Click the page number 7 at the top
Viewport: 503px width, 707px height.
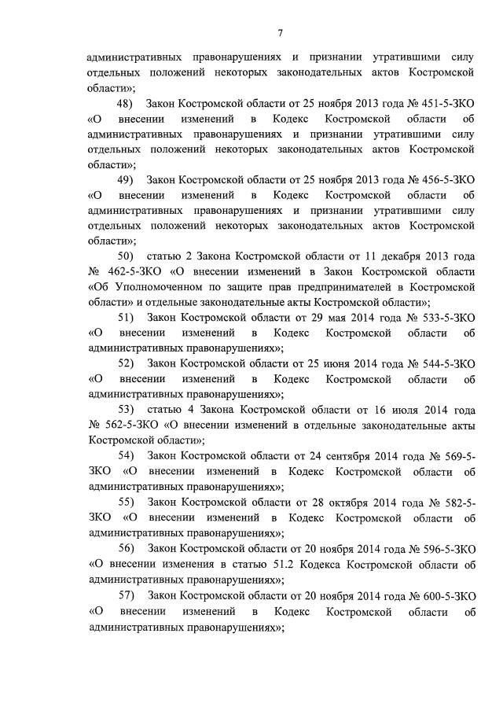pos(280,33)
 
